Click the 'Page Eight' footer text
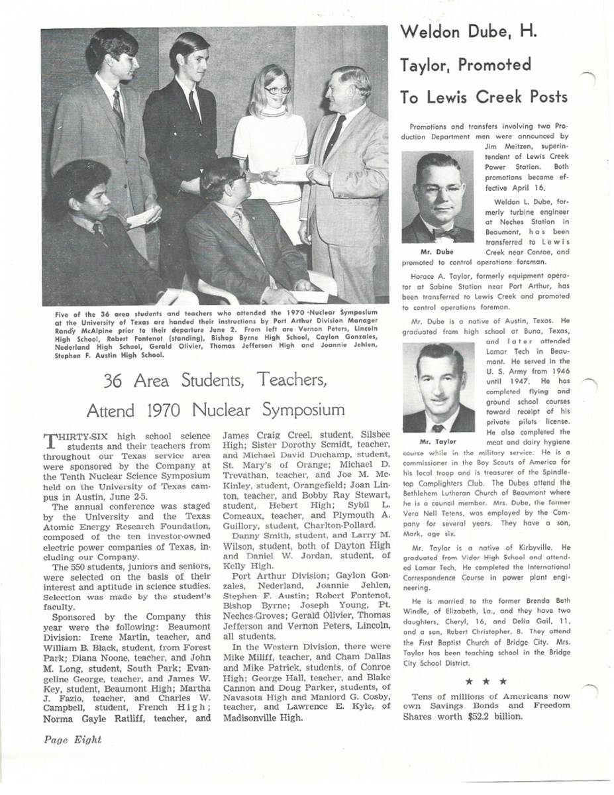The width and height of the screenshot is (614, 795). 73,740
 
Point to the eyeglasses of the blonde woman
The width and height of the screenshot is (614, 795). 277,89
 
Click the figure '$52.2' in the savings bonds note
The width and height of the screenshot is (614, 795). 481,717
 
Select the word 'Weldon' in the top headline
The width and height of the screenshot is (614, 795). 435,32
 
